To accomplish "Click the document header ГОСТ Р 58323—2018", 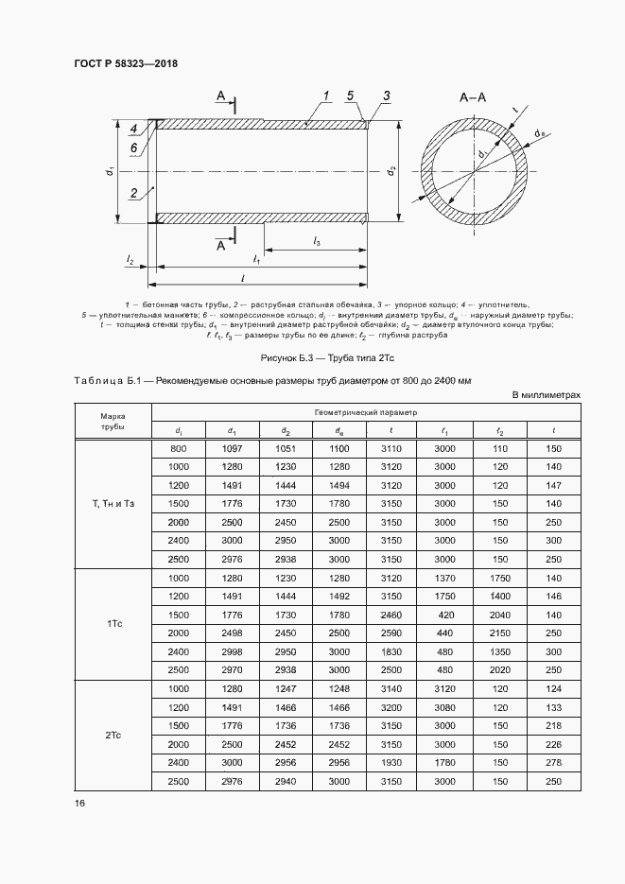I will tap(126, 64).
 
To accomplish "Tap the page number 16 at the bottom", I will tap(80, 804).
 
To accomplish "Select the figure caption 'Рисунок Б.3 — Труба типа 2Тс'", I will tap(312, 359).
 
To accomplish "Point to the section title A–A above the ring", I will tap(472, 98).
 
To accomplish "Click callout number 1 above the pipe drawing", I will tap(324, 95).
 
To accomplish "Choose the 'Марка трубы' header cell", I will tap(113, 421).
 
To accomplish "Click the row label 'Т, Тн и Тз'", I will tap(113, 504).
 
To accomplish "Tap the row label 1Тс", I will tap(113, 623).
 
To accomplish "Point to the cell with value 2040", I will tap(500, 614).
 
